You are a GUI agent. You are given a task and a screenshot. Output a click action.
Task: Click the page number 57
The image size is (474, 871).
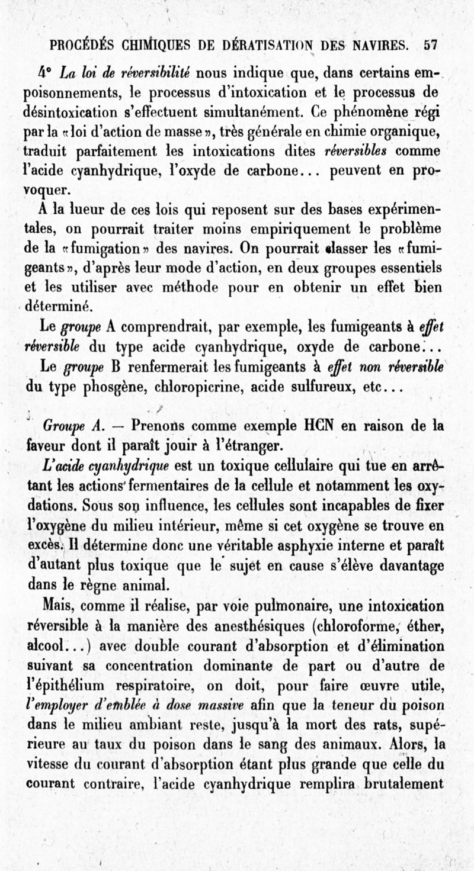(431, 45)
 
